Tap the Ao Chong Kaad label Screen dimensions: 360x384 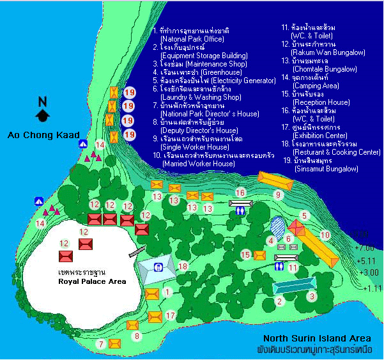(38, 135)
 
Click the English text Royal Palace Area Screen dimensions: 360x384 (91, 281)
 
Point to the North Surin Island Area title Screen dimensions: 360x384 (322, 338)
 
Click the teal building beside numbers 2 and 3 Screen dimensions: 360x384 (295, 284)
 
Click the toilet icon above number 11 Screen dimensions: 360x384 (282, 258)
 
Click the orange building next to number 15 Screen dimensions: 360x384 (259, 255)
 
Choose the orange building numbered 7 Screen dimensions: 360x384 (114, 343)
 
